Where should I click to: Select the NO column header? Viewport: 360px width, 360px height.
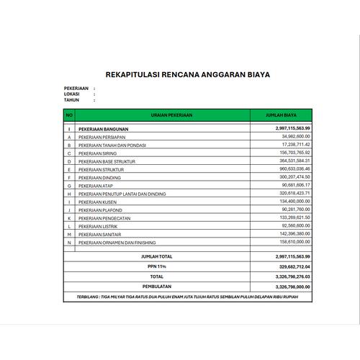tap(69, 114)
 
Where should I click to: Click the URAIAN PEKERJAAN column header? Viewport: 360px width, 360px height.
tap(162, 114)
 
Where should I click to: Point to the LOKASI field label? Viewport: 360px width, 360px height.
tap(72, 94)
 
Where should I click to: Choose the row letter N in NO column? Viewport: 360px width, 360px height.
tap(69, 243)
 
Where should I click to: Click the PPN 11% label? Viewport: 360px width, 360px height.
tap(156, 266)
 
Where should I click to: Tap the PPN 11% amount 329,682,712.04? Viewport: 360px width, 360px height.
tap(292, 266)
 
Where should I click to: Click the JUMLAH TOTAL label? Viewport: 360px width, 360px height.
tap(156, 256)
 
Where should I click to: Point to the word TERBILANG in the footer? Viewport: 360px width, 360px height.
tap(92, 297)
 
